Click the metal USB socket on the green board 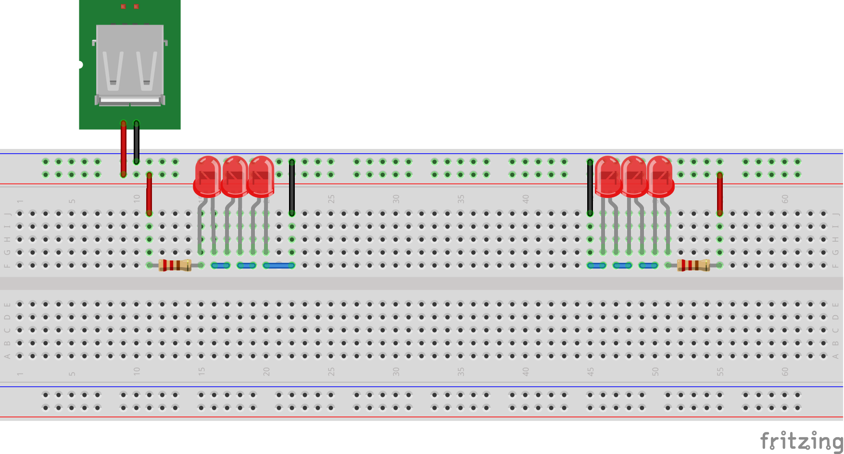click(130, 65)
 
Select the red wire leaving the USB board click(124, 149)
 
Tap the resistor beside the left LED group click(175, 265)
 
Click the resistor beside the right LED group click(693, 265)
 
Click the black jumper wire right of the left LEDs click(292, 187)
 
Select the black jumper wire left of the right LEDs click(590, 187)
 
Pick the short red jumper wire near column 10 click(149, 194)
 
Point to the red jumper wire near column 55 click(719, 194)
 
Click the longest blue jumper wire click(279, 265)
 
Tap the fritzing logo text click(801, 441)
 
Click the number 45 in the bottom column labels click(591, 371)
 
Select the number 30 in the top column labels click(396, 198)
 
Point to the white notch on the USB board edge click(80, 64)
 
